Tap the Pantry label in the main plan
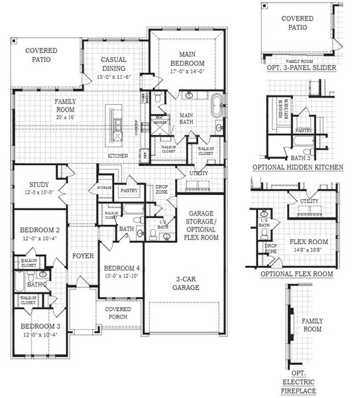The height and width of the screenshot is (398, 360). click(129, 191)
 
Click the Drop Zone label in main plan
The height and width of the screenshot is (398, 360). click(162, 190)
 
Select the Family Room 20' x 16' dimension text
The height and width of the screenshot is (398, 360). click(65, 117)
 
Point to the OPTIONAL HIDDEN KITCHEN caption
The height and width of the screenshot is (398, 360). click(302, 168)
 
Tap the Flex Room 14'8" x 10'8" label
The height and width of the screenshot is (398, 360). click(306, 246)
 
